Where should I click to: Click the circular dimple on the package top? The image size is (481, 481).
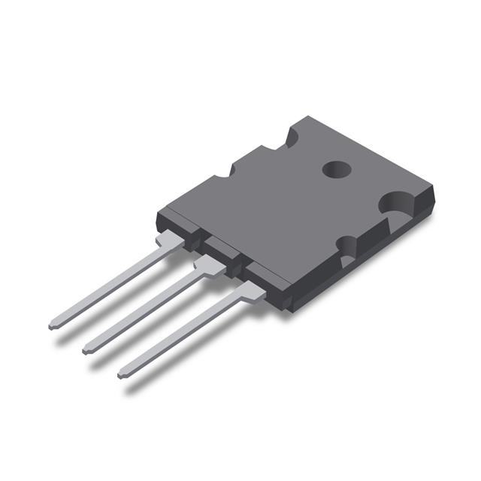[337, 170]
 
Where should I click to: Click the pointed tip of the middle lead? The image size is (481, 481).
[86, 350]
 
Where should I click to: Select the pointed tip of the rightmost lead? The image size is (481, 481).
[122, 373]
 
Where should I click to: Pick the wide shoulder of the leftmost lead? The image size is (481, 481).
[170, 241]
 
